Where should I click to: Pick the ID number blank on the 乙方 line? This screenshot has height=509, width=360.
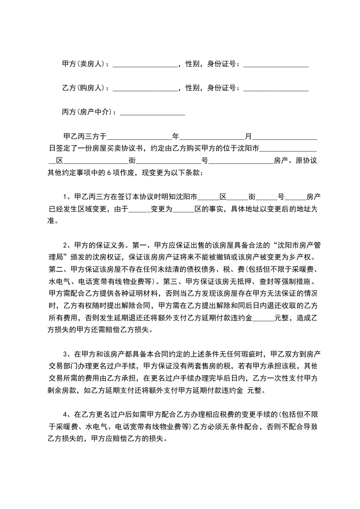coord(276,89)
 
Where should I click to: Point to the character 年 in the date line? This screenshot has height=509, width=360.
coord(176,136)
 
